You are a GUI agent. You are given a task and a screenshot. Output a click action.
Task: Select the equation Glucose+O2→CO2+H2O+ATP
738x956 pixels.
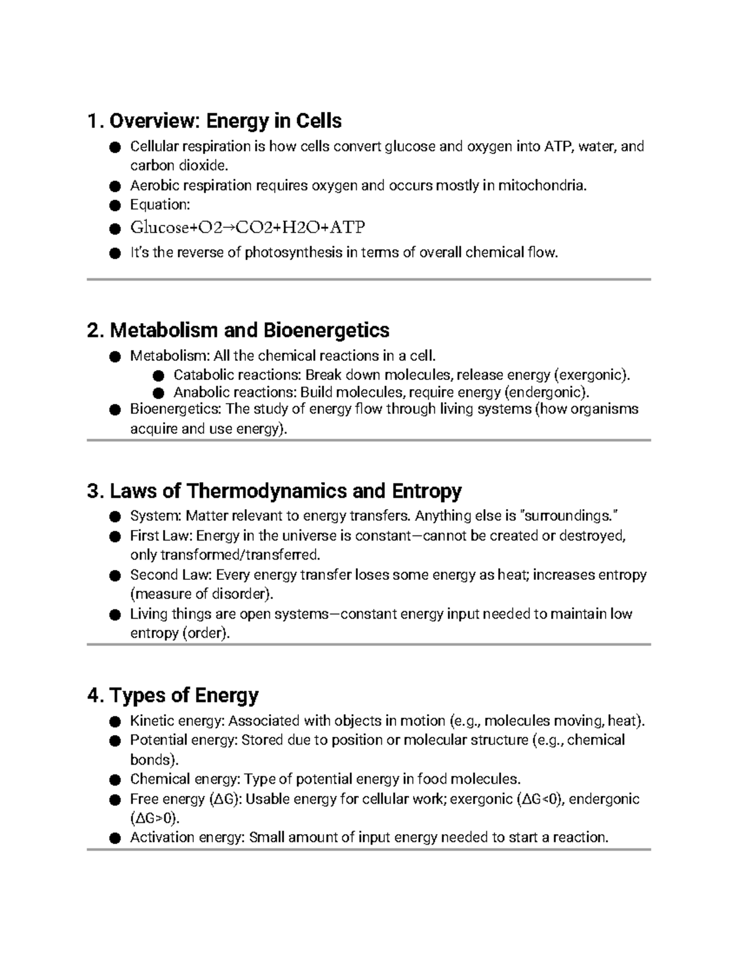(x=247, y=228)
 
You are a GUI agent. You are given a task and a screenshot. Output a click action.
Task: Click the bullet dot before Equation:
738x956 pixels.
(x=114, y=206)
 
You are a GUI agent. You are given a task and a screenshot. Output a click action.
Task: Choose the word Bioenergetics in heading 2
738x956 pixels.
(x=326, y=331)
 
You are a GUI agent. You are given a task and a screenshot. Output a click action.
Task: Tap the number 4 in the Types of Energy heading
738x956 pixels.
(x=93, y=696)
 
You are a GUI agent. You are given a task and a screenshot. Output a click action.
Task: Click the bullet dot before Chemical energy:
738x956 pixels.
(x=114, y=781)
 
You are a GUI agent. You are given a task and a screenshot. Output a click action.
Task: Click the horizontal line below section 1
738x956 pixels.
(x=369, y=279)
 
